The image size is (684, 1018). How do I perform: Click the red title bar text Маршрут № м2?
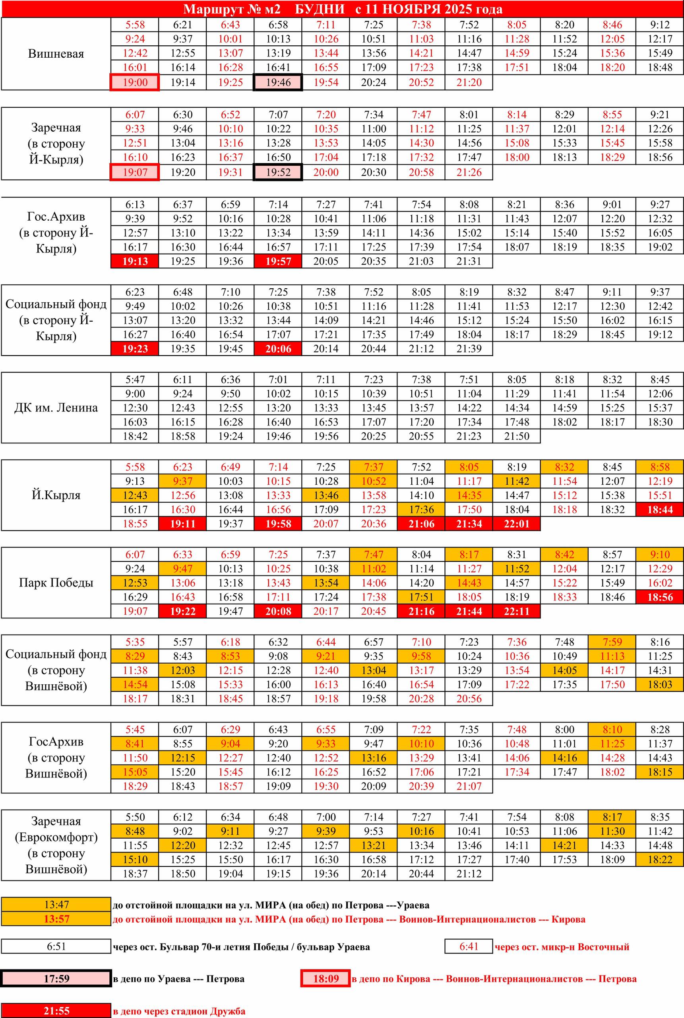(232, 9)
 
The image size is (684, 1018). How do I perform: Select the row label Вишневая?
(56, 54)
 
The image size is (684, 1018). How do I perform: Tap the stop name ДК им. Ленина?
(56, 408)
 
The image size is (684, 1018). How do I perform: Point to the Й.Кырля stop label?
(56, 495)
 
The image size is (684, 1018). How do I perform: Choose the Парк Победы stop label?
(56, 583)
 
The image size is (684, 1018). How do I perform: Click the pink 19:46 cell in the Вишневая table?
(278, 82)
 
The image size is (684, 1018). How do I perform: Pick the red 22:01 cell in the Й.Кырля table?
(517, 524)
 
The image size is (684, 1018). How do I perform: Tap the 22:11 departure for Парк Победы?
(517, 611)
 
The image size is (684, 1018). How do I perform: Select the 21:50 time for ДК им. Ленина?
(517, 436)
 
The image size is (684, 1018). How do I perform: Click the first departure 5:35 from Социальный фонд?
(135, 642)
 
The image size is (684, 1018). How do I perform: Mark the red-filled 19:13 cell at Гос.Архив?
(135, 261)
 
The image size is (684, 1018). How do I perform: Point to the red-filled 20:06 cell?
(278, 348)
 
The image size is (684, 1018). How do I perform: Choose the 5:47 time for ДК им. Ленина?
(135, 379)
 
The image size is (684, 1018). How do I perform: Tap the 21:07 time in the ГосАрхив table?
(469, 786)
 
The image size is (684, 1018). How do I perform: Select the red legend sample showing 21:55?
(56, 1010)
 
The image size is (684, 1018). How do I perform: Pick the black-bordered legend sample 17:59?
(56, 979)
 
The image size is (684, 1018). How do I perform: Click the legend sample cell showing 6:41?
(469, 946)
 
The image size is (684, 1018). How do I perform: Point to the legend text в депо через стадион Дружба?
(179, 1011)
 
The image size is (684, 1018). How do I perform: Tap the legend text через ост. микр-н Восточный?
(562, 947)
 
